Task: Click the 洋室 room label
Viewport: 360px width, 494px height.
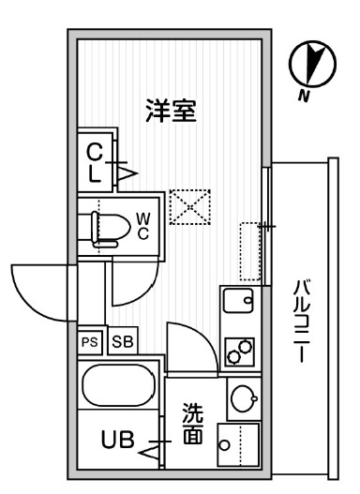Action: (x=170, y=112)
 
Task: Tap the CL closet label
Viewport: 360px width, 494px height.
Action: (x=95, y=162)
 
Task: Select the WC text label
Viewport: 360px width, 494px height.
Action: (x=143, y=225)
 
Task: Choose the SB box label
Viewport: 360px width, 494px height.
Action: (x=121, y=341)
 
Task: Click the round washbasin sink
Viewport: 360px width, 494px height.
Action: (x=241, y=397)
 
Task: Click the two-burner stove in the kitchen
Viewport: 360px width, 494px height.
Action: (x=239, y=351)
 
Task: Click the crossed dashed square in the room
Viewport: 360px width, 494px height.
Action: (x=190, y=206)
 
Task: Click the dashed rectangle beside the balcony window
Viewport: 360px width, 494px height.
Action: (x=248, y=250)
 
